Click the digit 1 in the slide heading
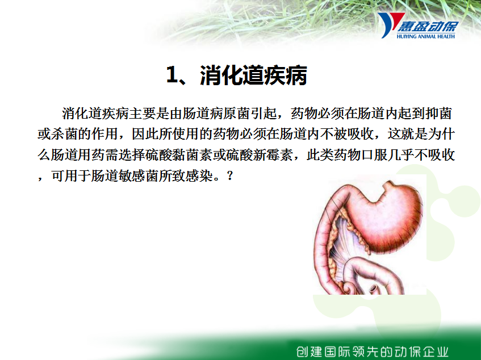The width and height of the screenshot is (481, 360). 172,75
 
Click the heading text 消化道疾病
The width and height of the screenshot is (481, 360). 253,75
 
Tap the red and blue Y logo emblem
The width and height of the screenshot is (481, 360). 390,25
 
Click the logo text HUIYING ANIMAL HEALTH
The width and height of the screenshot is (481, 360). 425,36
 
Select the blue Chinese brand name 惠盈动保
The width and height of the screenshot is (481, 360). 428,26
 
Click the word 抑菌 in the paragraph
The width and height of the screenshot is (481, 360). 438,114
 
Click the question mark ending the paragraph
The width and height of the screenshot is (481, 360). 230,176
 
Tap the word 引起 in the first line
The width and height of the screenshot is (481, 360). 264,114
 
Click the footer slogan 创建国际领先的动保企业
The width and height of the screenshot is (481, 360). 373,351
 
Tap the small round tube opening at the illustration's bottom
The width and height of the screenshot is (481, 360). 373,288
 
